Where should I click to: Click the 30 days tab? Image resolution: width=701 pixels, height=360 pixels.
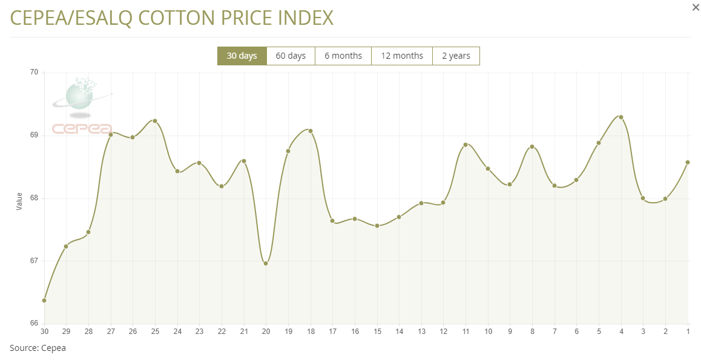pos(242,56)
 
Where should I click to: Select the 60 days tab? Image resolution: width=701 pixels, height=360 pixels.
pos(291,56)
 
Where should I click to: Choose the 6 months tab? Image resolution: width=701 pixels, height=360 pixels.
pos(343,56)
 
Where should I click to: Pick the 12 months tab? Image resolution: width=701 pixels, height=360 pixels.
pos(402,56)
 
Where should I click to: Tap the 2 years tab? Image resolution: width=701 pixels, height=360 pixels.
pos(456,56)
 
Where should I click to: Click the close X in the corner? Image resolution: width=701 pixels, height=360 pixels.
pos(696,7)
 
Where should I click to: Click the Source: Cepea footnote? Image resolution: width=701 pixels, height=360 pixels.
pos(38,348)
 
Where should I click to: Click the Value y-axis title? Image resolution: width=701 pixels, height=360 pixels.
pos(19,201)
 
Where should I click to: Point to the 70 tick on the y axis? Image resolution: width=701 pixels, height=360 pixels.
pos(34,73)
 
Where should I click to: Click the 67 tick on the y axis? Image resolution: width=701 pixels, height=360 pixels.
pos(34,261)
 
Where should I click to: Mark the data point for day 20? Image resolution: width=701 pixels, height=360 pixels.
pos(266,263)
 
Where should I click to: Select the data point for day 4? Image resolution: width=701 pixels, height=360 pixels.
pos(621,117)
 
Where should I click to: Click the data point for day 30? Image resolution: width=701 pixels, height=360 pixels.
pos(44,300)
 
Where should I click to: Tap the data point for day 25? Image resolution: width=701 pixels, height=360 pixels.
pos(155,121)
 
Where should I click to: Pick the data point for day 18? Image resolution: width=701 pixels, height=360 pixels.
pos(311,131)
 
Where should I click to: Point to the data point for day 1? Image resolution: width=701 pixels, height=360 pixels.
pos(688,162)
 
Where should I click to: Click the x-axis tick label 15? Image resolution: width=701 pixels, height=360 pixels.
pos(377,331)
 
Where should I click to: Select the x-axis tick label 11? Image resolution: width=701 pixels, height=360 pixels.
pos(466,331)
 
